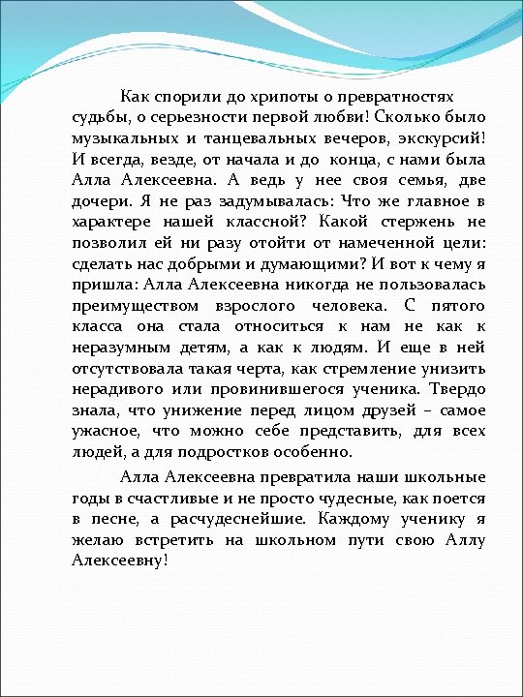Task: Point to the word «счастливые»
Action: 206,499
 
